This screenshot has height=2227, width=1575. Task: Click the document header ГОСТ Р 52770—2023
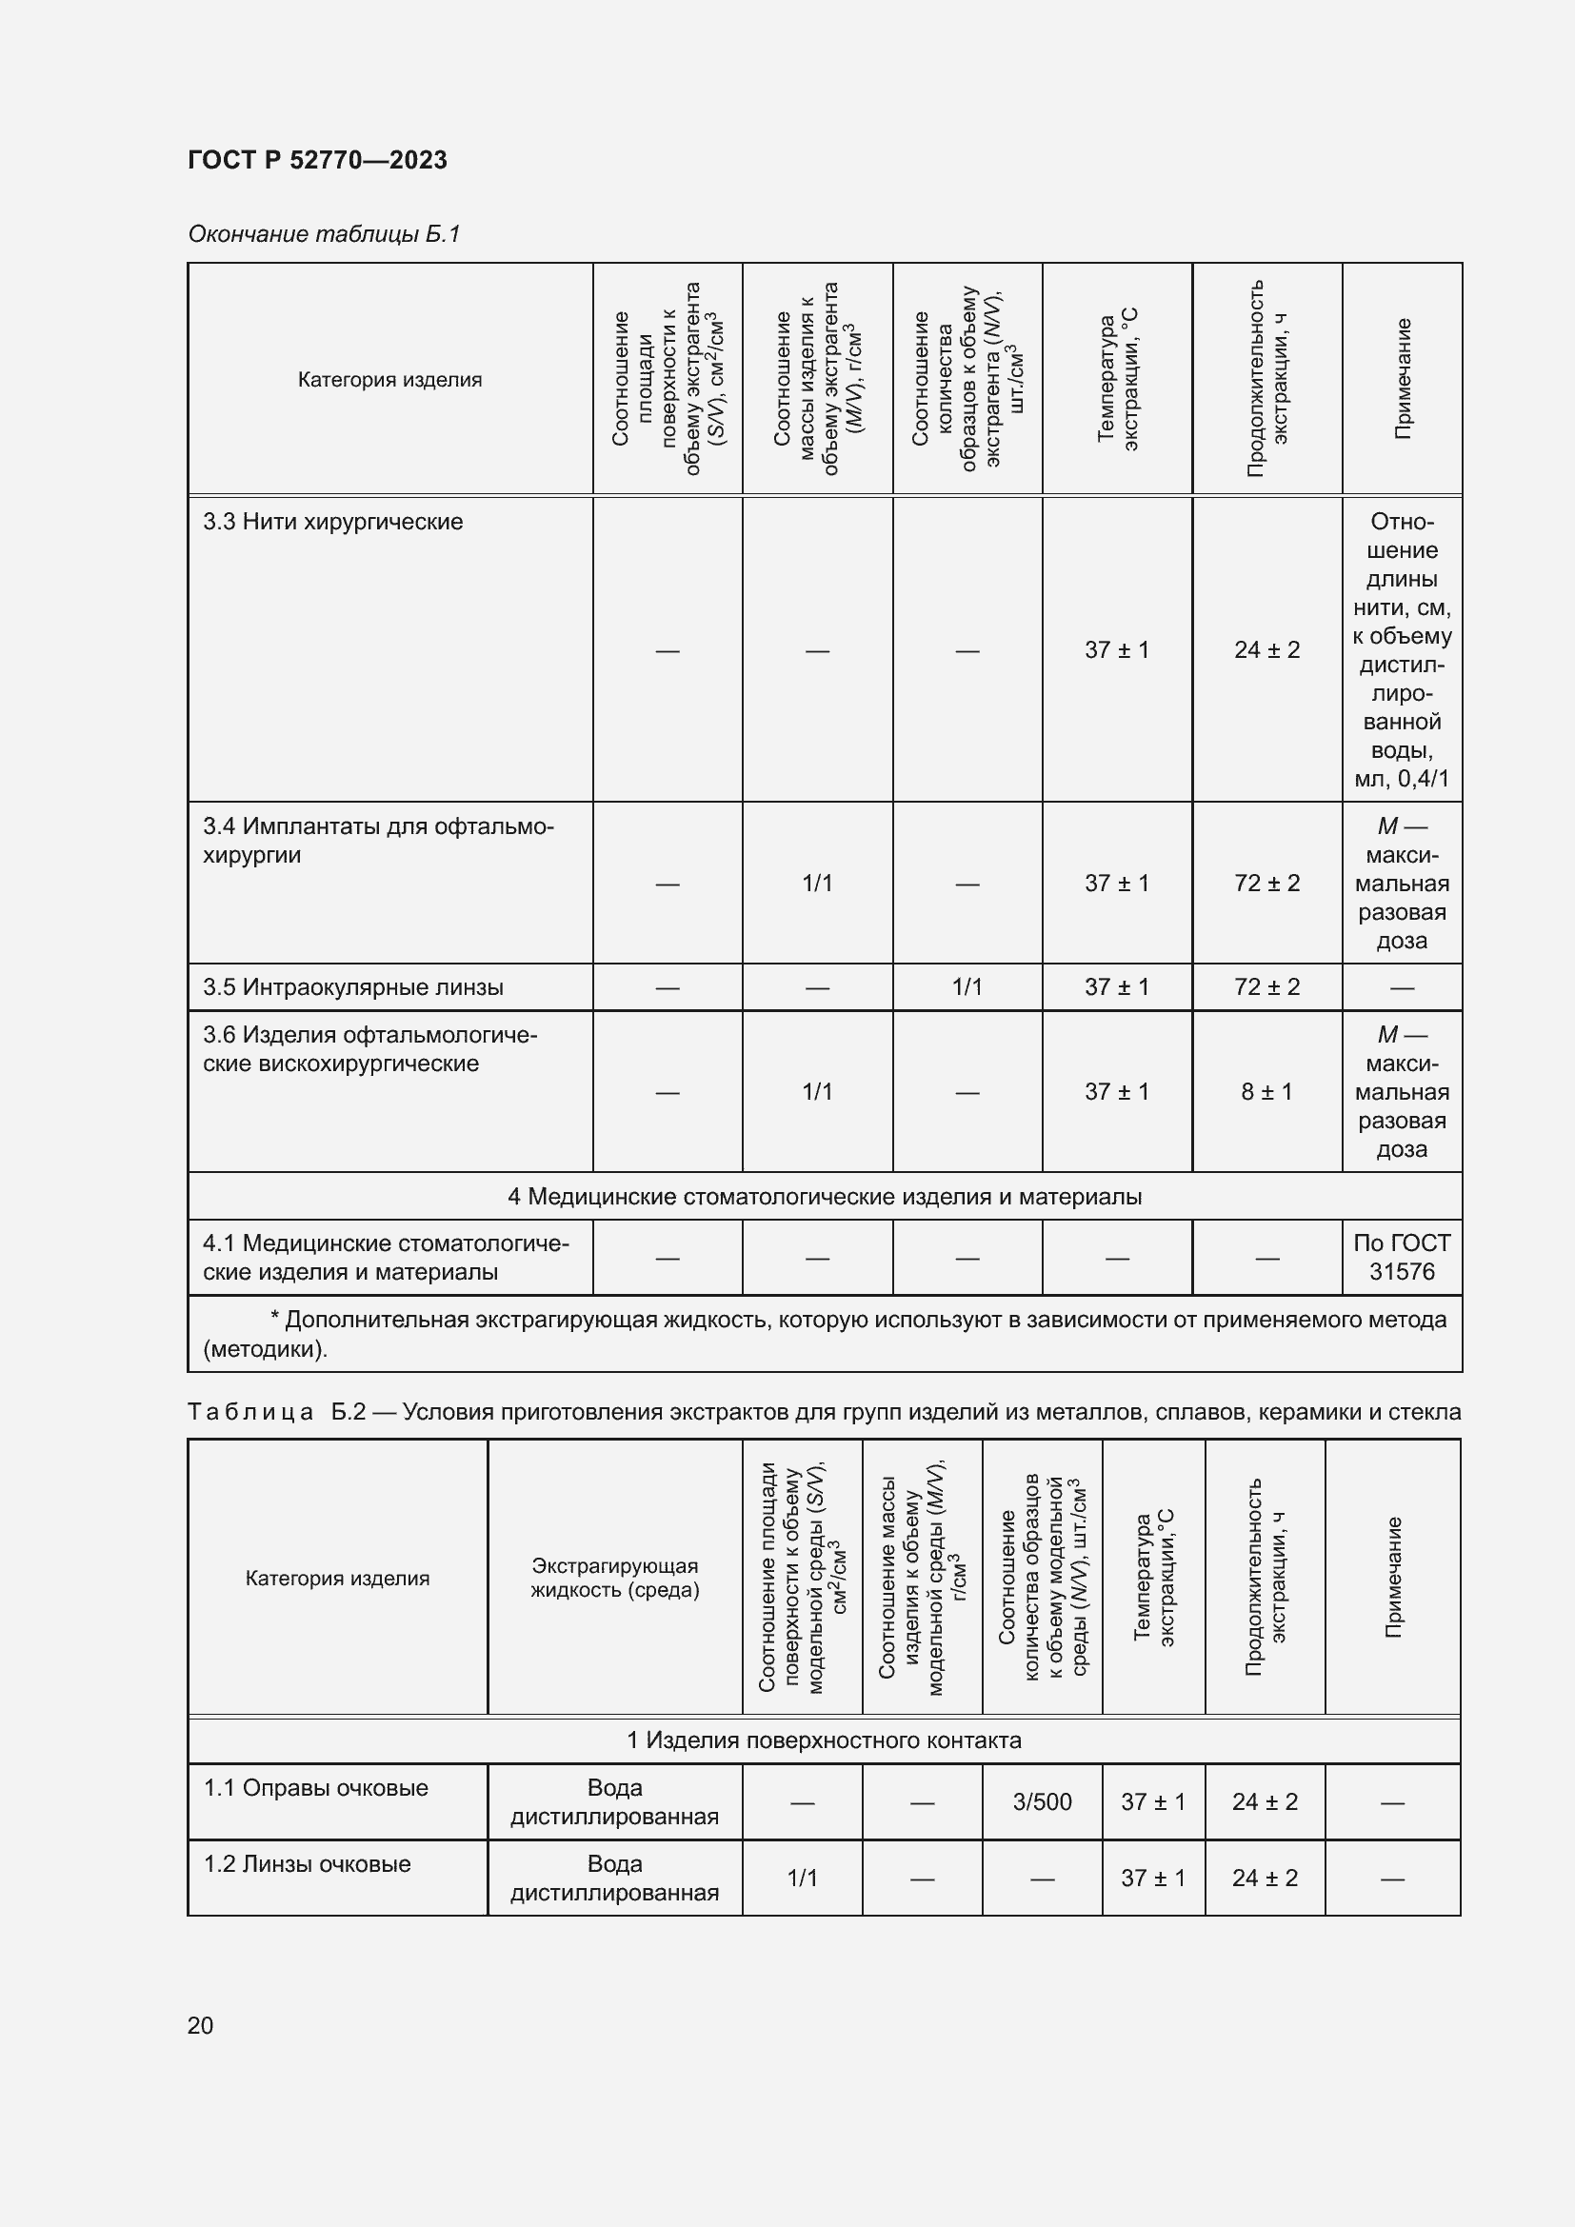pos(317,160)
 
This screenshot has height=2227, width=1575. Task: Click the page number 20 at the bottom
pos(200,2025)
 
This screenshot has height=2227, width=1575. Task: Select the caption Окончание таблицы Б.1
pos(324,234)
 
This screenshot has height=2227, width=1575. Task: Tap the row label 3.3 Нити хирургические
pos(332,522)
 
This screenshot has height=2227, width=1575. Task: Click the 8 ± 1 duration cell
pos(1266,1092)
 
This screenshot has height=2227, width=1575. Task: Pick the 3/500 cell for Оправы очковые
pos(1042,1802)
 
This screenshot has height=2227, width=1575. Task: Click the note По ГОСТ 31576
pos(1402,1257)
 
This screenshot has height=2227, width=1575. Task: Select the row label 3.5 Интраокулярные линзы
pos(353,987)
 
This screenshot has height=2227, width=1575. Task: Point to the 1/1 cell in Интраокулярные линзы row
pos(967,987)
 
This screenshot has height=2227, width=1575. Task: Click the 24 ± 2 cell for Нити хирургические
pos(1266,650)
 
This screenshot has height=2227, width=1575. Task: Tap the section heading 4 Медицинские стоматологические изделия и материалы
pos(825,1197)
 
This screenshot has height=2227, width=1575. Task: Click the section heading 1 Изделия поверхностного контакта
pos(825,1740)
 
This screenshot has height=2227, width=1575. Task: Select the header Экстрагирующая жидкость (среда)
pos(615,1577)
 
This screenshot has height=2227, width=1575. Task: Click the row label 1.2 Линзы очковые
pos(307,1864)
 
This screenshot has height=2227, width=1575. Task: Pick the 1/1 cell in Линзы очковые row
pos(802,1879)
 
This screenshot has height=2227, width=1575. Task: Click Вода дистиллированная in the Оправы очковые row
pos(615,1802)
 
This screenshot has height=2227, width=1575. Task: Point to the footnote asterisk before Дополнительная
pos(274,1319)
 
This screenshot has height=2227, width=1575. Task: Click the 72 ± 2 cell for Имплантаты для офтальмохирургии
pos(1266,884)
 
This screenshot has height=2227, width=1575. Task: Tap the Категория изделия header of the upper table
pos(389,380)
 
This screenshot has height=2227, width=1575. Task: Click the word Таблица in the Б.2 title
pos(250,1412)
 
